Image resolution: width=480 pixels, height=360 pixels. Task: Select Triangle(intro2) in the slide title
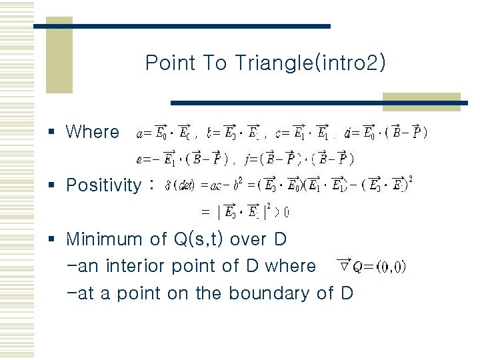coord(310,63)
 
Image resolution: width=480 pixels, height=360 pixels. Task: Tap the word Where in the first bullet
coord(93,132)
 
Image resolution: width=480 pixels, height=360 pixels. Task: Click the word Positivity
coord(103,185)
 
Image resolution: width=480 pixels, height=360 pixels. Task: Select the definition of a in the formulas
coord(165,132)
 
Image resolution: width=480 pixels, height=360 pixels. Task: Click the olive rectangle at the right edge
coord(421,101)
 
